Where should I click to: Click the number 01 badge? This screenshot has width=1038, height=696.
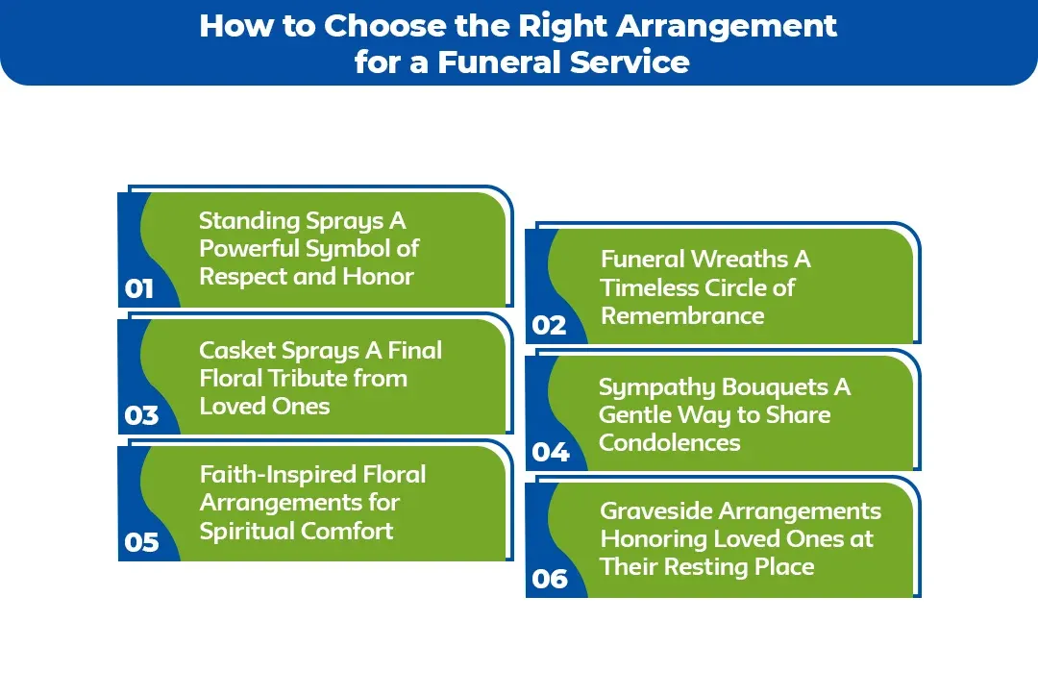pos(139,288)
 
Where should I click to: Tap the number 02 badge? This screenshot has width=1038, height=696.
pos(549,325)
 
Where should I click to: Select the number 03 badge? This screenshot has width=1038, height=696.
pos(141,415)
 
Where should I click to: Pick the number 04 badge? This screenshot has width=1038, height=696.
pos(551,452)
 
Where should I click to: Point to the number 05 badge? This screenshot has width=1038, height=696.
pos(141,542)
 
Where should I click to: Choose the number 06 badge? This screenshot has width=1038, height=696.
pos(550,579)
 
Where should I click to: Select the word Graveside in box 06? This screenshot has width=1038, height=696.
pos(655,510)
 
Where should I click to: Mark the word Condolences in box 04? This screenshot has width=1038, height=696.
pos(669,443)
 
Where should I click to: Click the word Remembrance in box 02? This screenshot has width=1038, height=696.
pos(682,315)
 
